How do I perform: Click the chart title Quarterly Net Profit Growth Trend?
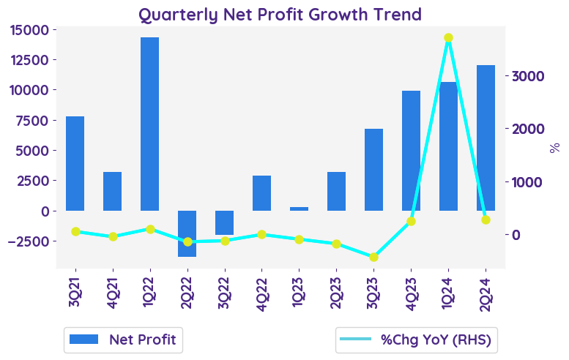[x=280, y=14]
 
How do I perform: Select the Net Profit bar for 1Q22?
[x=149, y=124]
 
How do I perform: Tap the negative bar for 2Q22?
[x=187, y=233]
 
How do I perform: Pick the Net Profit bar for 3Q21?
[x=75, y=163]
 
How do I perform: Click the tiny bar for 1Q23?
[x=299, y=209]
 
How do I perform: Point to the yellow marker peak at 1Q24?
[x=448, y=38]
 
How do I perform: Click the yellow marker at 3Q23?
[x=373, y=257]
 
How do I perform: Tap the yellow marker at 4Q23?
[x=411, y=221]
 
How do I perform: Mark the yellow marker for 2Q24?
[x=486, y=220]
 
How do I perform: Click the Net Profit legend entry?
[x=123, y=339]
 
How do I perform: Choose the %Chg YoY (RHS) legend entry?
[x=416, y=339]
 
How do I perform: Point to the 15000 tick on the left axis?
[x=31, y=29]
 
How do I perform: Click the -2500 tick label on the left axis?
[x=29, y=241]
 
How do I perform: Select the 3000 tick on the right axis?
[x=526, y=76]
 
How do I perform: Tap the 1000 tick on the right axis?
[x=526, y=182]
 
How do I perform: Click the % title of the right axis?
[x=554, y=147]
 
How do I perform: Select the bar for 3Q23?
[x=373, y=170]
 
